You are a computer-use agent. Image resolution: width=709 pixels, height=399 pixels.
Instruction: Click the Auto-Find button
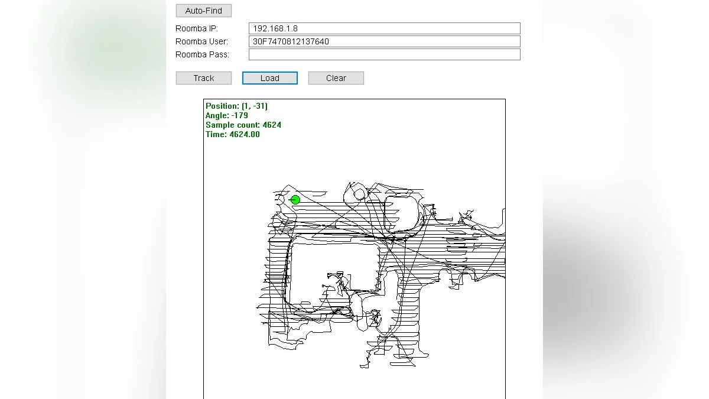pos(203,11)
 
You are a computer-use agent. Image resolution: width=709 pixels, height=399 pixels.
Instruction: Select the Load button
pos(269,78)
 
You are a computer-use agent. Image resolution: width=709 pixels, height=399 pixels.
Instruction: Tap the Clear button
pos(336,78)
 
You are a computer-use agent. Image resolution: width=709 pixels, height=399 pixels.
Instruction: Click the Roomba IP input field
pos(384,28)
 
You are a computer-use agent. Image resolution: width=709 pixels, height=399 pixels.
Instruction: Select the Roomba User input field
pos(384,41)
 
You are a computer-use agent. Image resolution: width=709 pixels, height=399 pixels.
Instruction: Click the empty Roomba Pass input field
pos(384,54)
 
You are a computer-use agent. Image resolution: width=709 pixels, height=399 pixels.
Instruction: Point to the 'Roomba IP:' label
pos(197,28)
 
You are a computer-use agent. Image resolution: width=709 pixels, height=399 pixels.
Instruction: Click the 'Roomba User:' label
pos(201,41)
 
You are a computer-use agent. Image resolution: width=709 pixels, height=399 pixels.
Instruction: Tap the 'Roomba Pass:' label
pos(202,54)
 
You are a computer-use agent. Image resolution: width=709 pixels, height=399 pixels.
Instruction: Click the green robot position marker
pos(295,200)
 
